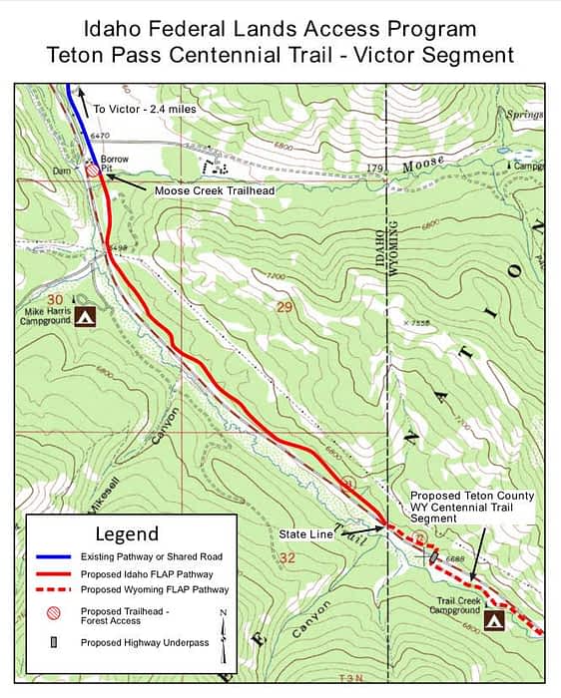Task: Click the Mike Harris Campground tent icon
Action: (87, 317)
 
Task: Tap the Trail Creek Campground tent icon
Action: (493, 620)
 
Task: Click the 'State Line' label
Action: (306, 534)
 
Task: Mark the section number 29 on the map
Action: (283, 307)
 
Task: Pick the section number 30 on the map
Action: (54, 300)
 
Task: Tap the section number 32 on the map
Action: (288, 556)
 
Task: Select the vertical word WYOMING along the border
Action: (393, 252)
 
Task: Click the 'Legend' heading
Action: (126, 533)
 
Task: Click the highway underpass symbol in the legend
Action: (55, 642)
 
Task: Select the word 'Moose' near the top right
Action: (423, 164)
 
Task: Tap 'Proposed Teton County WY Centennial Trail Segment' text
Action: (471, 508)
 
